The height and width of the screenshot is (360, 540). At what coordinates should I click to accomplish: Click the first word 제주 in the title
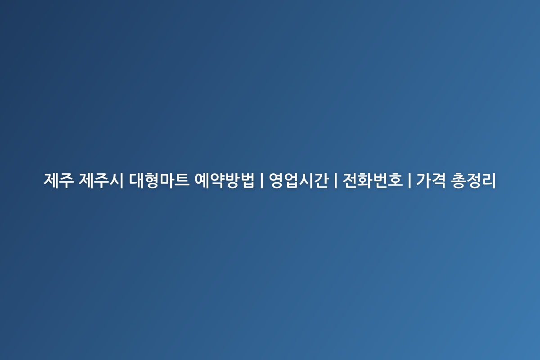pos(58,180)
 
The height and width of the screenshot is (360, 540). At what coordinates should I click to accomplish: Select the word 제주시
pos(101,180)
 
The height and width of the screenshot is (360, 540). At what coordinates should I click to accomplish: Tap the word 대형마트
pos(159,180)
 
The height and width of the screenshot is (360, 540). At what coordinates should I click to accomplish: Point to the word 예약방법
pos(225,180)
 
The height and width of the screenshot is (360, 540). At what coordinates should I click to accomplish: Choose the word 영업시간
pos(299,180)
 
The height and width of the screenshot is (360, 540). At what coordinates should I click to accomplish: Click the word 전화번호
pos(373,180)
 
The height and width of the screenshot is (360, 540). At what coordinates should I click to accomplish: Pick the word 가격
pos(431,180)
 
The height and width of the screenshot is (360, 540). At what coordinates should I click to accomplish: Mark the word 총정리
pos(473,180)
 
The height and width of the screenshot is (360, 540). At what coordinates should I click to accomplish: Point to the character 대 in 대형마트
pos(136,180)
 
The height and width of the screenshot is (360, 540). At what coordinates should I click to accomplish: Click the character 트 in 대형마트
pos(182,180)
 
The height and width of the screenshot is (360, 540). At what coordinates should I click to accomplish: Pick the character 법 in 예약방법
pos(247,180)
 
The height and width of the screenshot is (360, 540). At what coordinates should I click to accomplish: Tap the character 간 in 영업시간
pos(322,180)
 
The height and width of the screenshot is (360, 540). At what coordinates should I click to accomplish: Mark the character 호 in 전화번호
pos(396,180)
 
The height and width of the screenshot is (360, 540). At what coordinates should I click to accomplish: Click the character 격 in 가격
pos(439,180)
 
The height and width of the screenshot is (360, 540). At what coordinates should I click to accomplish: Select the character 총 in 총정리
pos(458,180)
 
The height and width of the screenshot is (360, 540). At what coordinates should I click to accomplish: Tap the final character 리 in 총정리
pos(489,180)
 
